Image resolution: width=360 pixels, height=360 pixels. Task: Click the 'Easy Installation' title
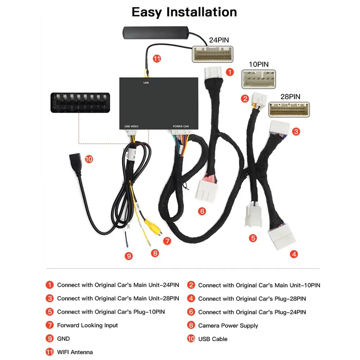point(184,12)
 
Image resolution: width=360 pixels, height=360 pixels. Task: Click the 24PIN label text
point(219,40)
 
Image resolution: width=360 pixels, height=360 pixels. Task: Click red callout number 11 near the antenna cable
point(157,59)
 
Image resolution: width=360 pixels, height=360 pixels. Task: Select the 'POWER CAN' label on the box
point(180,126)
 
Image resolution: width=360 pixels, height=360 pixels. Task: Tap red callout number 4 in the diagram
point(294,254)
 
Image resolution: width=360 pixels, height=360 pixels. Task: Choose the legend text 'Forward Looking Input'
point(87,325)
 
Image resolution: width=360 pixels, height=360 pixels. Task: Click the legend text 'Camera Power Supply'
point(228,325)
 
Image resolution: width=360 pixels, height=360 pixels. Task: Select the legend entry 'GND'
point(63,339)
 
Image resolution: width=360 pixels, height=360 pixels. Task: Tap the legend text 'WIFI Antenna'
point(75,352)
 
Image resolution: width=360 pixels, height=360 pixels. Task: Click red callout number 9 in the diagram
point(129,256)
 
